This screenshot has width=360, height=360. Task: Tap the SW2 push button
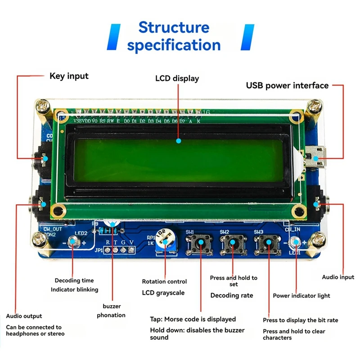tap(232, 243)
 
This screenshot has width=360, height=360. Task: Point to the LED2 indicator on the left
tap(74, 243)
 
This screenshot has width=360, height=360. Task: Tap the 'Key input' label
tap(69, 76)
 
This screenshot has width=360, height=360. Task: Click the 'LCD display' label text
tap(177, 78)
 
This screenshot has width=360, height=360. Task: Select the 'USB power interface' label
tap(287, 85)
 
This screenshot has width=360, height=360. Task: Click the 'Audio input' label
tap(338, 277)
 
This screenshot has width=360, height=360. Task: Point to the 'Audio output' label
tap(24, 316)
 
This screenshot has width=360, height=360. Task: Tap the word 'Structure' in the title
tap(174, 27)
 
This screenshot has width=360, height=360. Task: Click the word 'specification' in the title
tap(174, 45)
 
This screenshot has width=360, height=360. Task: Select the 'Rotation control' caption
tap(164, 281)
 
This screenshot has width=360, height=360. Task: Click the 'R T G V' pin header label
tap(120, 243)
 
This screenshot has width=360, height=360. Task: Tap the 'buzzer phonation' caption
tap(111, 310)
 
